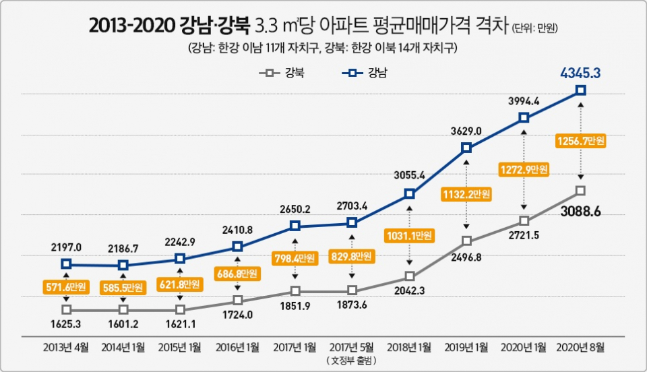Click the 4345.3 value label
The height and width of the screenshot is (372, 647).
pyautogui.click(x=580, y=71)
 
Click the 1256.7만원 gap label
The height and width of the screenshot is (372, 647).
pyautogui.click(x=581, y=141)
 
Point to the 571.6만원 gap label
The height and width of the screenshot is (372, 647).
pyautogui.click(x=66, y=288)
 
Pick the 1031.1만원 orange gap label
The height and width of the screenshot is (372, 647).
pyautogui.click(x=408, y=236)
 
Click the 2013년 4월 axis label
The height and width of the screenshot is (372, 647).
pyautogui.click(x=66, y=347)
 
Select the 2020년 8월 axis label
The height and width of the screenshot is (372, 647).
pyautogui.click(x=580, y=347)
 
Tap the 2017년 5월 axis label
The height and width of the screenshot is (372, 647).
pyautogui.click(x=351, y=347)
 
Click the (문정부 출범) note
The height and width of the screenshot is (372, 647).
pyautogui.click(x=351, y=361)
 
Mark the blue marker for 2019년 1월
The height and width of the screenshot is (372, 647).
pyautogui.click(x=466, y=148)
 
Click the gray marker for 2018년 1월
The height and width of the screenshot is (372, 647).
pyautogui.click(x=408, y=276)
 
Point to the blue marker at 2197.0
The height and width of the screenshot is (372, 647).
pyautogui.click(x=66, y=264)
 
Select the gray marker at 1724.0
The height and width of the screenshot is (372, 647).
pyautogui.click(x=237, y=300)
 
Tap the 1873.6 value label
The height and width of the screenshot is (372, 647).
pyautogui.click(x=351, y=307)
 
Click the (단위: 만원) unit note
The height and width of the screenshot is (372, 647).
pyautogui.click(x=536, y=28)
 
